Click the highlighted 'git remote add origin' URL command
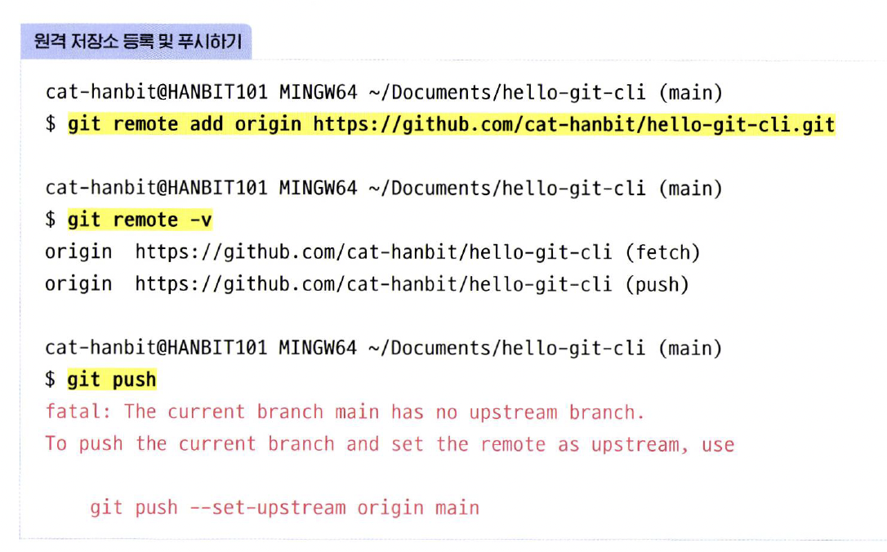451,125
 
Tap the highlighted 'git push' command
111,380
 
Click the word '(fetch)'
662,252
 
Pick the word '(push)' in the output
657,284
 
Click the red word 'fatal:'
78,412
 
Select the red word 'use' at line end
718,444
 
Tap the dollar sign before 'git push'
51,380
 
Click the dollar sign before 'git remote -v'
51,220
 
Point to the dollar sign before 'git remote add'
51,125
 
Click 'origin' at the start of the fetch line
78,252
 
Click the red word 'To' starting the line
56,444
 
